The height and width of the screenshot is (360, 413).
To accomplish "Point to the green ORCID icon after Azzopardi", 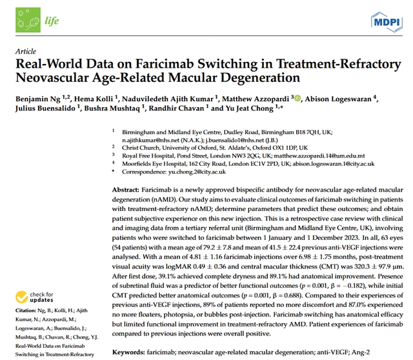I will coord(297,98).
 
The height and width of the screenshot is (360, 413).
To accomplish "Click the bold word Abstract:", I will coord(125,192).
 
